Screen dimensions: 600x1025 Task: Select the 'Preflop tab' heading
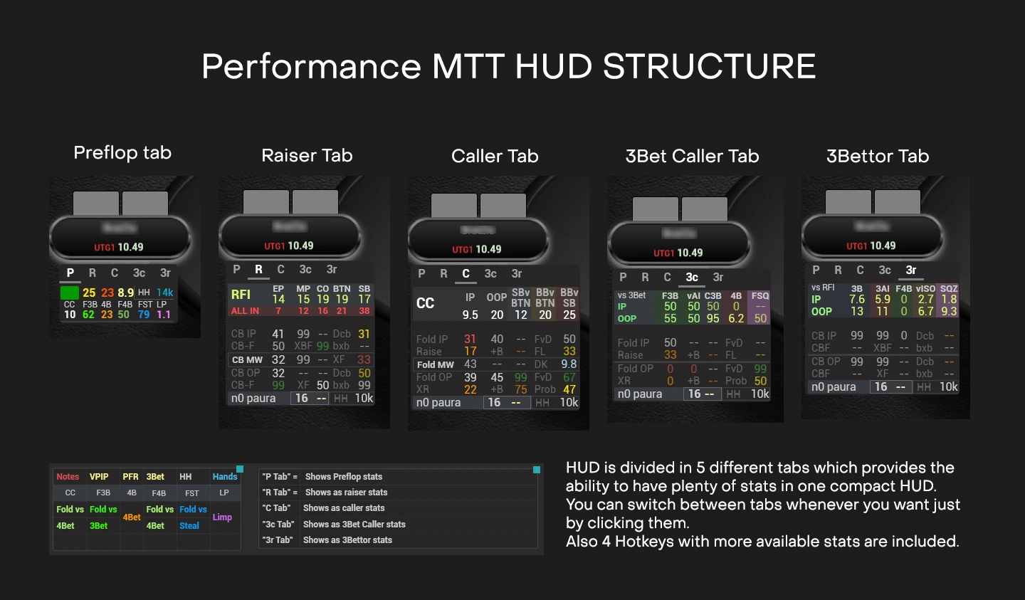[x=122, y=152]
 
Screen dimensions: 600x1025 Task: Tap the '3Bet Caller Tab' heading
[x=692, y=156]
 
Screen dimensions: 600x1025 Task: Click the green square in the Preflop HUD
[x=70, y=293]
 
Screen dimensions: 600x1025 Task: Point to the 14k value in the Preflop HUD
[x=165, y=293]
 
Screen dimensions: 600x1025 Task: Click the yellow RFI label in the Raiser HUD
[x=241, y=295]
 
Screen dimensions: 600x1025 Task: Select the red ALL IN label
[x=245, y=311]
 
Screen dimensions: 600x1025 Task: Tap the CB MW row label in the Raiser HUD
[x=247, y=360]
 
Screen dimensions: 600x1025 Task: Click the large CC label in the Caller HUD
[x=425, y=303]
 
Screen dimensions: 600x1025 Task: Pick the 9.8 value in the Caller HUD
[x=569, y=364]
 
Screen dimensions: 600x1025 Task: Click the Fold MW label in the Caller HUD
[x=435, y=364]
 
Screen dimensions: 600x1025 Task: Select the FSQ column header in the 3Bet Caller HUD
[x=760, y=295]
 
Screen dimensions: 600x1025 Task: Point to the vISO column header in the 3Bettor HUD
[x=925, y=289]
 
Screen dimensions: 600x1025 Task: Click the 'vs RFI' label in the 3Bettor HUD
[x=823, y=288]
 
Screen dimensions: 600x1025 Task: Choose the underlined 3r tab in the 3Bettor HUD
[x=911, y=270]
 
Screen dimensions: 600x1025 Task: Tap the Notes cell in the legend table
[x=68, y=477]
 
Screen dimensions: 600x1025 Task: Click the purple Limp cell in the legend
[x=222, y=517]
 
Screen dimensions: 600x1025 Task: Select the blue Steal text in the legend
[x=189, y=526]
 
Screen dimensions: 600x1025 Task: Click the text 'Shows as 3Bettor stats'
[x=347, y=540]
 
